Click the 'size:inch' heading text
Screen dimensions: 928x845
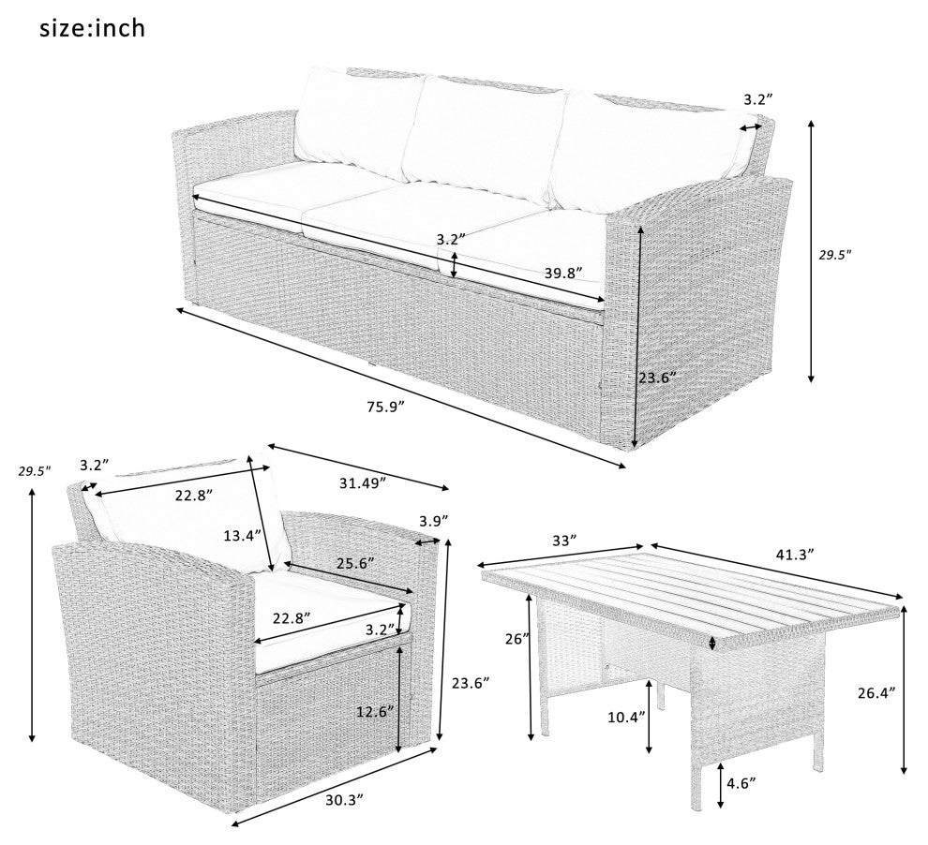92,28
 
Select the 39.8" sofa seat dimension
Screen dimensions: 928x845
563,273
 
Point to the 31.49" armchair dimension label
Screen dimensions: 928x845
363,482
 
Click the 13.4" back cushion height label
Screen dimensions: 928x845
243,536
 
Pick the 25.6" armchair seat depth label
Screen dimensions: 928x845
354,563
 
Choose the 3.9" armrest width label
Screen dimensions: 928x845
434,521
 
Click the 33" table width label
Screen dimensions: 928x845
564,541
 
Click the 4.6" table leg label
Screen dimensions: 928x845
741,783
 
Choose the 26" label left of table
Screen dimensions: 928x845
516,639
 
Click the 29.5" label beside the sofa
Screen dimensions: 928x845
835,255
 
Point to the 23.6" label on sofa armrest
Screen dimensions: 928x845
656,378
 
